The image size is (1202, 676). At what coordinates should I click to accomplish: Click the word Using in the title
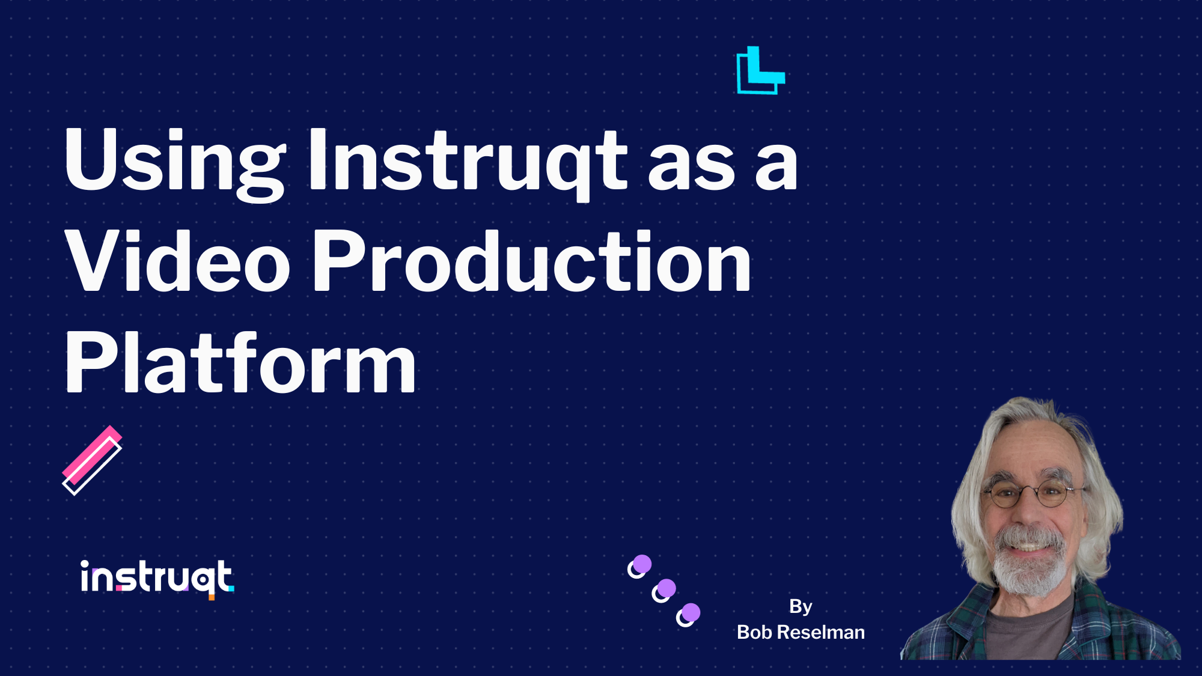pyautogui.click(x=174, y=161)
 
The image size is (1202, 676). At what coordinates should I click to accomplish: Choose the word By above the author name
pyautogui.click(x=801, y=606)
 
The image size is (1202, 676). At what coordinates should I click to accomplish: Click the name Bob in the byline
pyautogui.click(x=754, y=632)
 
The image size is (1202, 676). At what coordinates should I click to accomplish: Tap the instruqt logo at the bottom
pyautogui.click(x=156, y=577)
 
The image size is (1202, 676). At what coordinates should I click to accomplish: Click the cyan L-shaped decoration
pyautogui.click(x=760, y=71)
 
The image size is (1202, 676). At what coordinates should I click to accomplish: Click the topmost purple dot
pyautogui.click(x=642, y=564)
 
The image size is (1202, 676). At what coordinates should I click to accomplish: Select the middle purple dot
pyautogui.click(x=666, y=588)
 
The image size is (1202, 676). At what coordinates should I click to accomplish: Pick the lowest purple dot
pyautogui.click(x=691, y=612)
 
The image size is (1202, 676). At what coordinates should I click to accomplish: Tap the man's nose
pyautogui.click(x=1029, y=514)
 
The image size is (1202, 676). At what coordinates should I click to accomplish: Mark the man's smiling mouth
pyautogui.click(x=1029, y=546)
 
